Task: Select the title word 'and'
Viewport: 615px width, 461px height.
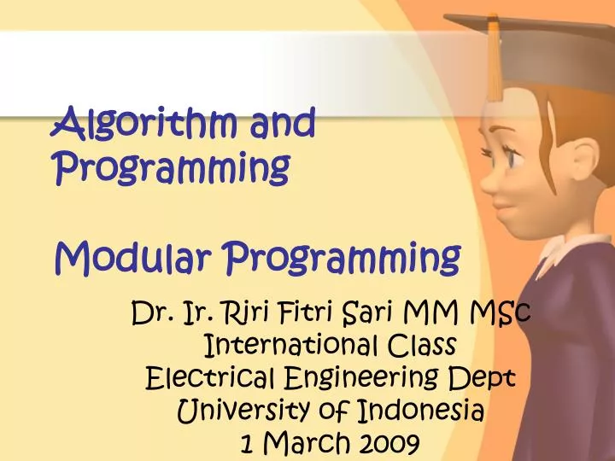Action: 283,124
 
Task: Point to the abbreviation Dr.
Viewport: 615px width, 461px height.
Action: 153,315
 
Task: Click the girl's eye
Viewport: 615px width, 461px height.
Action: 514,159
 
